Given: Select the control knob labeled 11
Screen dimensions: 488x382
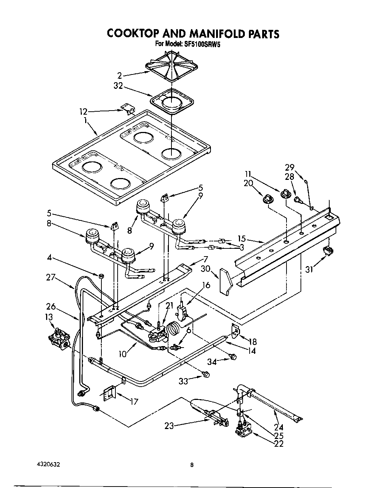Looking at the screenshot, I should click(x=285, y=193).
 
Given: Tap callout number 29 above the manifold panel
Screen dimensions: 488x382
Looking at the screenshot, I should click(x=289, y=167).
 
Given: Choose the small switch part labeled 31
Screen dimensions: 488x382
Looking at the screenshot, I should click(x=327, y=251).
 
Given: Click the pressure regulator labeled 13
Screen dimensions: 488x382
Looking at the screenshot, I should click(x=59, y=338).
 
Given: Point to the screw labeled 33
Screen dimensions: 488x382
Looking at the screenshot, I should click(x=206, y=374).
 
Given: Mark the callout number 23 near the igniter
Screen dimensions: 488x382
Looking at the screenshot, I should click(x=169, y=426).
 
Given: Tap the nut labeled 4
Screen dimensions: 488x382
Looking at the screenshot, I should click(x=100, y=276).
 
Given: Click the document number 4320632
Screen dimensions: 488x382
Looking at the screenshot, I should click(x=46, y=465).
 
